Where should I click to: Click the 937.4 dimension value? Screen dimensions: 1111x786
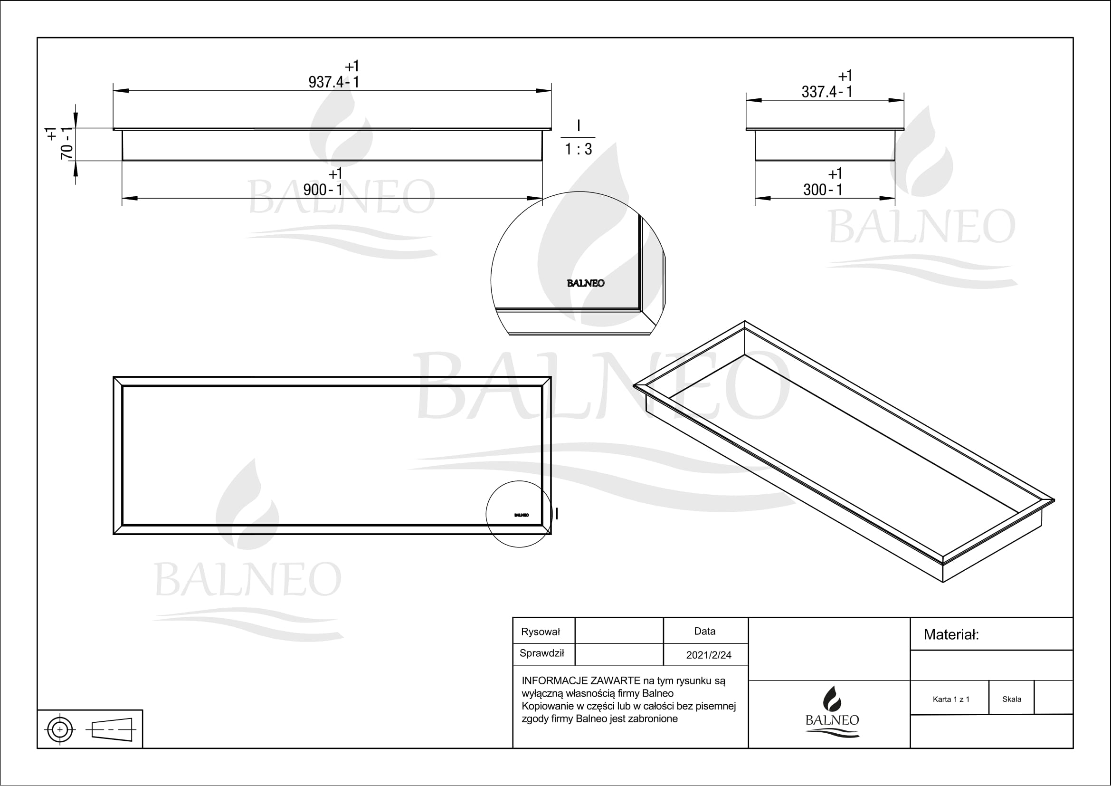click(x=326, y=82)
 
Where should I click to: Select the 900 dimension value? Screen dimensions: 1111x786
click(x=315, y=190)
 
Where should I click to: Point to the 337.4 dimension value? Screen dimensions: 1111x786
click(x=819, y=91)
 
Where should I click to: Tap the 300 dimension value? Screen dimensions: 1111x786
click(x=815, y=190)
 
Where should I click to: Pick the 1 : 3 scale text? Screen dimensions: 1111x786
click(x=578, y=149)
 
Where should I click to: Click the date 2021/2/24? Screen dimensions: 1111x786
click(x=708, y=655)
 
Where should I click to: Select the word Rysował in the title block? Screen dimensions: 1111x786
click(x=540, y=632)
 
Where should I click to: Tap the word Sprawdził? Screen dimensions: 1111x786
click(x=541, y=653)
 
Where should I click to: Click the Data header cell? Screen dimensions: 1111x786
click(x=704, y=631)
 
